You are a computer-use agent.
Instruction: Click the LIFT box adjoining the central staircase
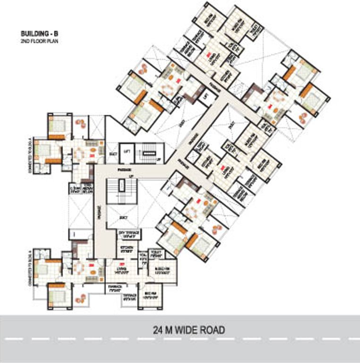(x=126, y=151)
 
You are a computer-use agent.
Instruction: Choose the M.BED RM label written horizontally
(x=156, y=271)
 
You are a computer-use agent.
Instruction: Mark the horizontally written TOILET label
(x=156, y=254)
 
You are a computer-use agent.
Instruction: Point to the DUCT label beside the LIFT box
(x=113, y=153)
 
